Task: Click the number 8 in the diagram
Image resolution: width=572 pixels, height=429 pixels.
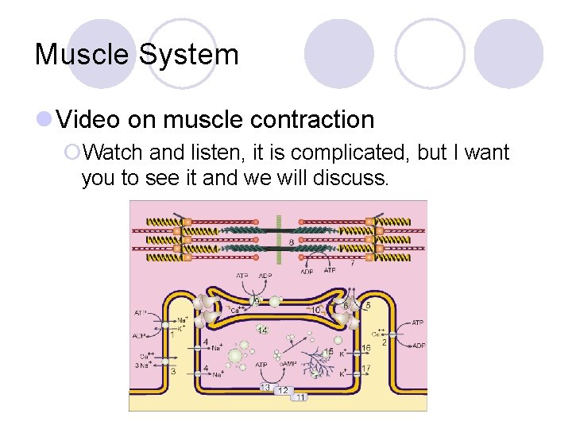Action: click(292, 242)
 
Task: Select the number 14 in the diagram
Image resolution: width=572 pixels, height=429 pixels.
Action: click(262, 329)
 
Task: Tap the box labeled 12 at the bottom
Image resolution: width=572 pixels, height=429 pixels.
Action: click(282, 390)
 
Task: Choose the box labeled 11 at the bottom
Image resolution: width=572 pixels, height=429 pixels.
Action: click(300, 396)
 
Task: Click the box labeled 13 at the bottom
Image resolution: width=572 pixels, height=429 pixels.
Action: click(265, 387)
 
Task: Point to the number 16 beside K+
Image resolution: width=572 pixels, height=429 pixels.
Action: click(365, 348)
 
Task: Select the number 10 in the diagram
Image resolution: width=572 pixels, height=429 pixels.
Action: click(315, 310)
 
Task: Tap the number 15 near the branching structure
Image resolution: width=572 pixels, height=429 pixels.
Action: click(329, 350)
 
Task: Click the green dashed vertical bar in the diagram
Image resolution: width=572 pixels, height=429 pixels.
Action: click(278, 238)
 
